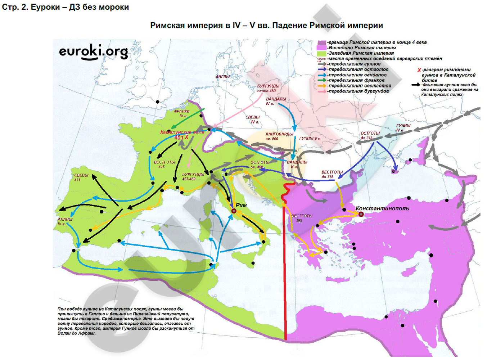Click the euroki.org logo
coord(93,52)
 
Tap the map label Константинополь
coord(382,208)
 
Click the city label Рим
coord(241,205)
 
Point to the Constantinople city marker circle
coord(361,215)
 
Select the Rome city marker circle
coord(234,211)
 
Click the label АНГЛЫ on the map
coord(222,77)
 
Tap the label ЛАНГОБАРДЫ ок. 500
coord(279,136)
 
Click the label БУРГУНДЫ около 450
coord(268,89)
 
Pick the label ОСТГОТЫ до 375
coord(370,135)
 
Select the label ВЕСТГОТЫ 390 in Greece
coord(302,218)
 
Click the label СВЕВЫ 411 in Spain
coord(81,177)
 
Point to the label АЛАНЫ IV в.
coord(65,221)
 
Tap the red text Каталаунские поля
coord(182,132)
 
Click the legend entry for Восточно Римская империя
coord(362,48)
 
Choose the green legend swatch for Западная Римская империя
coord(321,53)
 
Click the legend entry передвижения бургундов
coord(358,91)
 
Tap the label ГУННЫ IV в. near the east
coord(403,127)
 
